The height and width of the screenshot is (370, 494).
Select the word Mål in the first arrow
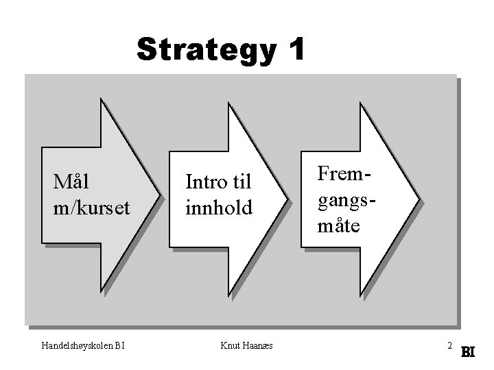pos(72,183)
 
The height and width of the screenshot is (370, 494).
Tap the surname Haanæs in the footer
pos(257,345)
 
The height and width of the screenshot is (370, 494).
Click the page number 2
pos(449,345)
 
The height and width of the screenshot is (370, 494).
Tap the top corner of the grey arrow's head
pos(102,98)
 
